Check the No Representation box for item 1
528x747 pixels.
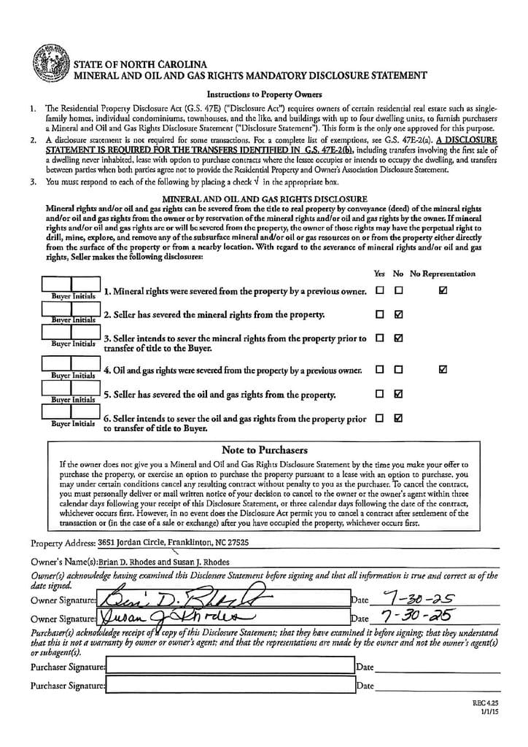443,290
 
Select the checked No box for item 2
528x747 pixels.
398,315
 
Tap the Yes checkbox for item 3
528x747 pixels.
379,338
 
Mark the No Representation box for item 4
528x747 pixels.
443,369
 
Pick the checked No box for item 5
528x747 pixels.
398,394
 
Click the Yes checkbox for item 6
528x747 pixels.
379,419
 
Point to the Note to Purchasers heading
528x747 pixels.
264,450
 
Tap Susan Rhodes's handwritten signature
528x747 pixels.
182,618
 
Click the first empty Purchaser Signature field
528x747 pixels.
230,667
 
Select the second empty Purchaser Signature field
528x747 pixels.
230,685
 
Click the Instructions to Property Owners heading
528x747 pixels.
264,94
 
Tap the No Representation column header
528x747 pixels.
442,274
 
